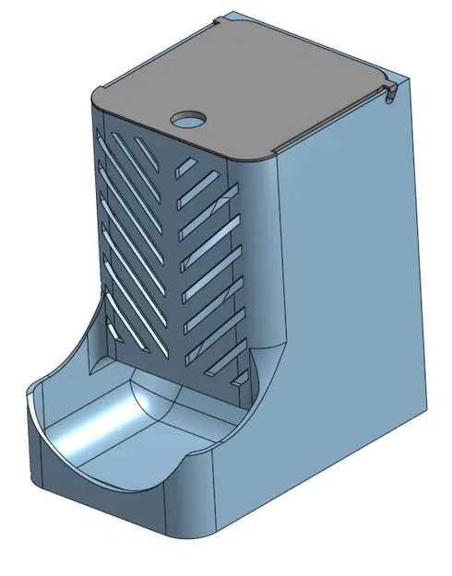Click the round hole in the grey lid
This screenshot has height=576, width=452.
(x=189, y=119)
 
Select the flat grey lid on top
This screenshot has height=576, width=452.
(x=249, y=83)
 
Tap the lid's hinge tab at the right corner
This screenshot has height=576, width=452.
(x=390, y=88)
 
